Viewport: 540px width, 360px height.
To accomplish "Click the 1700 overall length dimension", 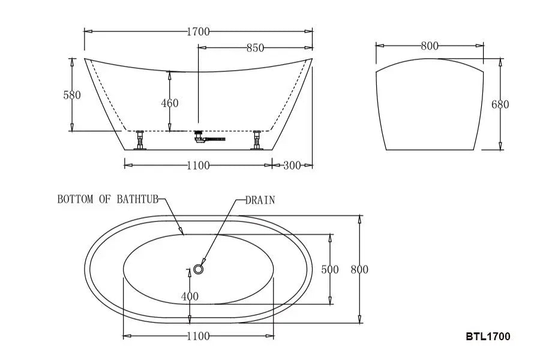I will (198, 31).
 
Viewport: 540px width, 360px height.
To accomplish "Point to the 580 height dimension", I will (71, 95).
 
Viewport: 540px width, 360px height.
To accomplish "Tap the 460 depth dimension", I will (169, 103).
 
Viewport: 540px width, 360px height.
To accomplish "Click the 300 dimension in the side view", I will (292, 165).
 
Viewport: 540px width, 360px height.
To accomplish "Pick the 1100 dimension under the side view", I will (198, 165).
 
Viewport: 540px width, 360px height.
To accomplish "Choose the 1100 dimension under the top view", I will (198, 336).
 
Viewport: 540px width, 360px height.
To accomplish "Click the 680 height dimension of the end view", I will (500, 104).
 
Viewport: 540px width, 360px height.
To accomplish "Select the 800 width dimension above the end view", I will (430, 46).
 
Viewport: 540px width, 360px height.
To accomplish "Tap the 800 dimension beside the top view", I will (359, 269).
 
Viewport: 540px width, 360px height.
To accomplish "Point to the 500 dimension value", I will (329, 269).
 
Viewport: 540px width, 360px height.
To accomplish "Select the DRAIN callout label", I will (260, 200).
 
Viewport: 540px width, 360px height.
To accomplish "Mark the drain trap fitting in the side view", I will (207, 139).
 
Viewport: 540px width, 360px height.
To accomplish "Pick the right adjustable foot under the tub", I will (257, 140).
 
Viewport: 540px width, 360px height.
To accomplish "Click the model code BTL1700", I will (487, 337).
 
